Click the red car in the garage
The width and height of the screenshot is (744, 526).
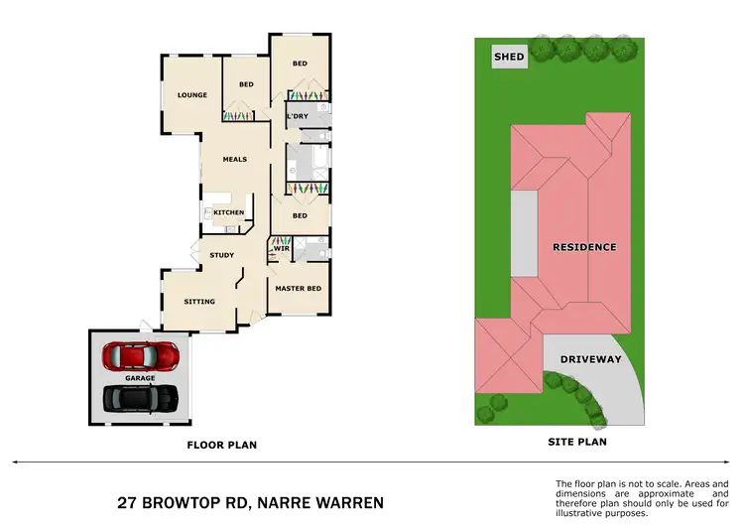click(142, 353)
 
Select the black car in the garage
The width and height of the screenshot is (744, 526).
click(142, 398)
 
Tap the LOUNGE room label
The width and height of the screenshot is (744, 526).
click(192, 95)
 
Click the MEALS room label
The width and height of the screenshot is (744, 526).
click(234, 159)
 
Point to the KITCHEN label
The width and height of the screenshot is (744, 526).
click(229, 212)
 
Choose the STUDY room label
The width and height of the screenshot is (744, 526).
click(222, 255)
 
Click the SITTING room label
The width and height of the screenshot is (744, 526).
click(199, 301)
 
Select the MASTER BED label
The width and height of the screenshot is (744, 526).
click(298, 289)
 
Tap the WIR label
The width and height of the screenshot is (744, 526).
click(281, 248)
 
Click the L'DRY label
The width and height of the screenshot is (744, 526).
click(297, 116)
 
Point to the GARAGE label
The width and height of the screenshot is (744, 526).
click(140, 378)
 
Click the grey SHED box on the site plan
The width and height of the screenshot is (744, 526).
click(510, 57)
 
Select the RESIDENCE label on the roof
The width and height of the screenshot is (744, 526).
click(584, 247)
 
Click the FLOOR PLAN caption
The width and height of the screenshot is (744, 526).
click(222, 445)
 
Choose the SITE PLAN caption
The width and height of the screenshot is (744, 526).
click(577, 441)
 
